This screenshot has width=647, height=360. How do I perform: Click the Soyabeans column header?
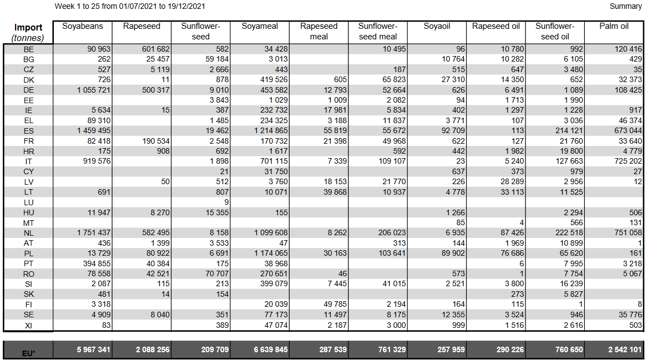pos(82,27)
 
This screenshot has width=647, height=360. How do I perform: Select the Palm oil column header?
pos(614,27)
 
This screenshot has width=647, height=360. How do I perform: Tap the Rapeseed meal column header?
pos(319,31)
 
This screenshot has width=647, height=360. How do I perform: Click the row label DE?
pos(29,90)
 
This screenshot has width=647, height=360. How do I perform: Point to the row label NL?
pos(29,233)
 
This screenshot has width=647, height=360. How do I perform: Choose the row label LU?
pos(29,202)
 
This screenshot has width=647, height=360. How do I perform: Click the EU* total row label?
pos(29,352)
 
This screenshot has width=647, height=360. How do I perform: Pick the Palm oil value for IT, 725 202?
pos(625,161)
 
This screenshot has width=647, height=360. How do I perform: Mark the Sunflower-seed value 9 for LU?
pos(226,202)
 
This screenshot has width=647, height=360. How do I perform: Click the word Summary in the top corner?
pos(625,6)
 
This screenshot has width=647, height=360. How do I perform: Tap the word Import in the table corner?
pos(28,28)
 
